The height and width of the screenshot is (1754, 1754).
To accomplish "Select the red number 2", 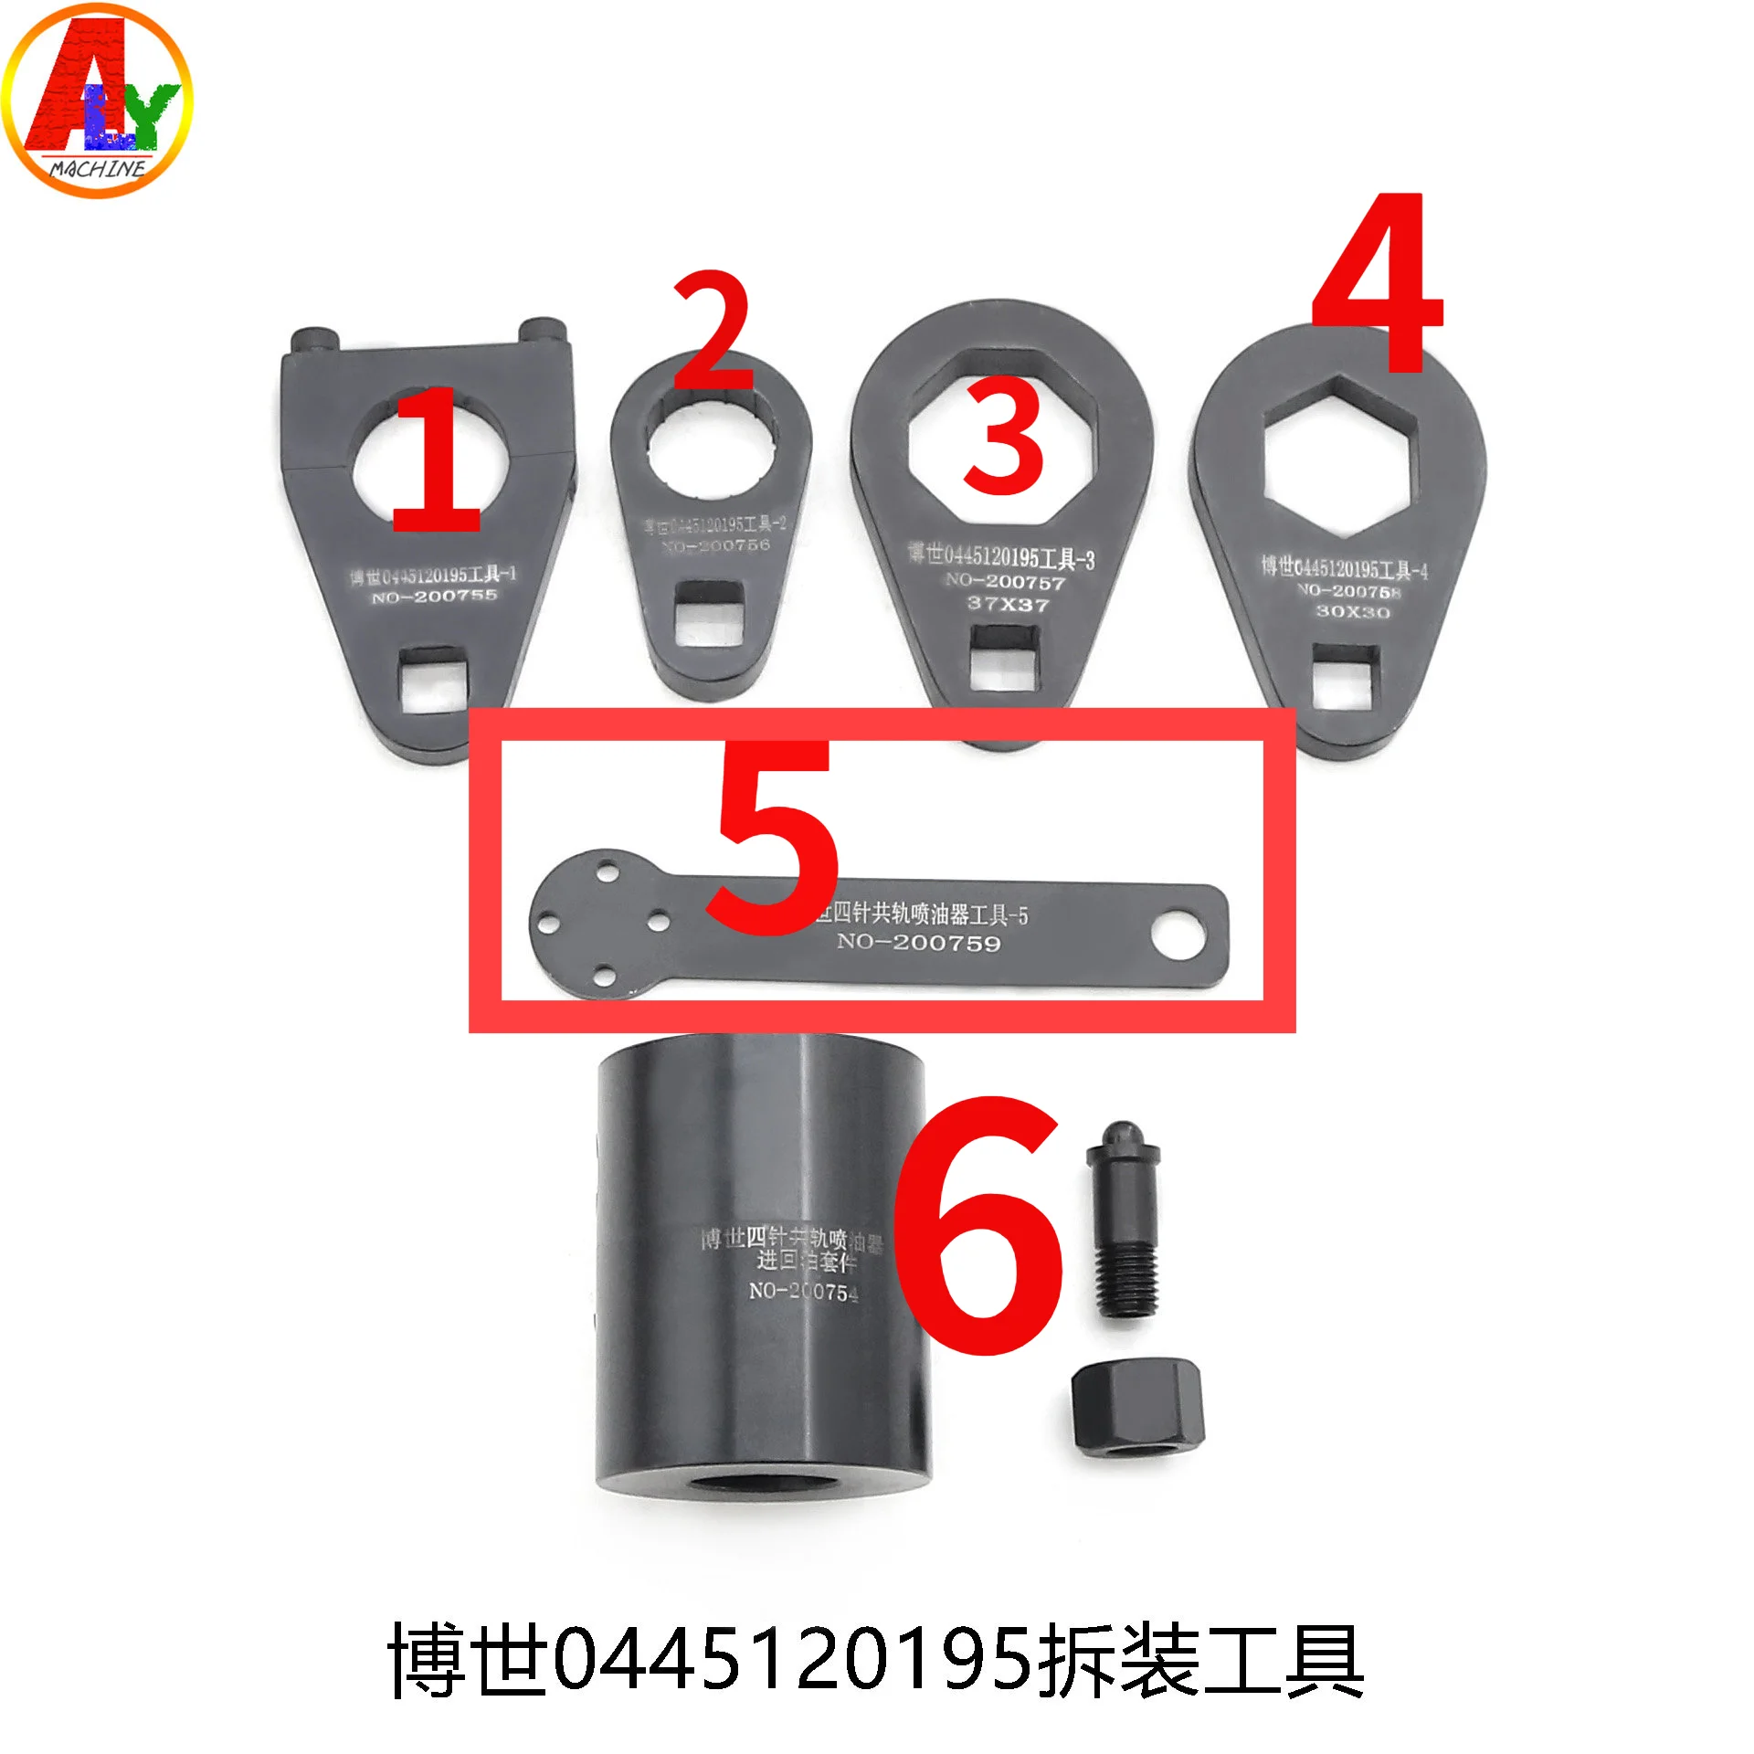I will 713,331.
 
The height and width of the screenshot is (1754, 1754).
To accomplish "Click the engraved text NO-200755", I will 434,597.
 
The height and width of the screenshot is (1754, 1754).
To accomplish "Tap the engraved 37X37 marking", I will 1009,604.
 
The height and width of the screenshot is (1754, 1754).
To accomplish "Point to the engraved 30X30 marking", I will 1352,611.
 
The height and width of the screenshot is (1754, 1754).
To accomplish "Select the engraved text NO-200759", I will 919,943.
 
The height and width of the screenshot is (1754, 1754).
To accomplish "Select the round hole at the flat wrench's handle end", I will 1178,935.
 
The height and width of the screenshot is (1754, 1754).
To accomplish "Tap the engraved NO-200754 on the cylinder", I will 803,1292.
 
